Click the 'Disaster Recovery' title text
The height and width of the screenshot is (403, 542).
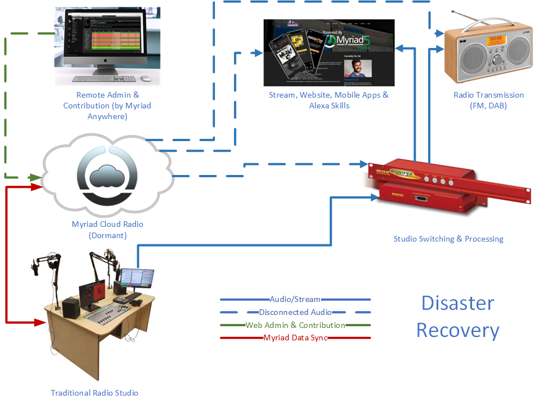pos(457,317)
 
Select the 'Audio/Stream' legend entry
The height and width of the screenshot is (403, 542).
pos(294,300)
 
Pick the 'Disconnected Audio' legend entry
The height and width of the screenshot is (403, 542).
pos(294,312)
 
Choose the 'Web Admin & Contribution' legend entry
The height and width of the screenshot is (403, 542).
pos(294,325)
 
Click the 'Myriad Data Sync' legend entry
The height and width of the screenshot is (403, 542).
pos(294,338)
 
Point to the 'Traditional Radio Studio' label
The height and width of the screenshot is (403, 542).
pos(94,393)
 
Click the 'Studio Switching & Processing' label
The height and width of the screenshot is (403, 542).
pos(448,239)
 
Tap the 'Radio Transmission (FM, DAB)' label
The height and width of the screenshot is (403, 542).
pos(488,100)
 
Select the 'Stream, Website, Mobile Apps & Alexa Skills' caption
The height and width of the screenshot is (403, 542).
pos(329,100)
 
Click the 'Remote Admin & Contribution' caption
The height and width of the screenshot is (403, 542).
pos(107,106)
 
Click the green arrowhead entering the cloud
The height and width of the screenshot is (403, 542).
pos(38,177)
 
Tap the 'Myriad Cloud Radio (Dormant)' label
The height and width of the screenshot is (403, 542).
pos(107,229)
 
